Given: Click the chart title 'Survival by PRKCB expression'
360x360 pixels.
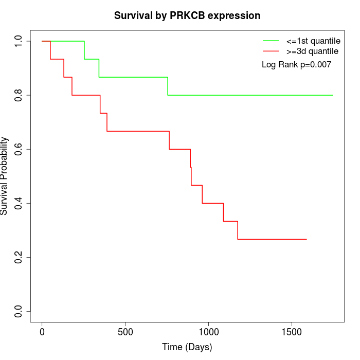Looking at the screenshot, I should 187,15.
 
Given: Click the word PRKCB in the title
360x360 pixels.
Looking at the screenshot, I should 187,15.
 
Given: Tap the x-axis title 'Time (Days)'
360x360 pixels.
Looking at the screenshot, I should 187,347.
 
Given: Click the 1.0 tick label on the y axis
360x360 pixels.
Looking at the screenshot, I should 19,41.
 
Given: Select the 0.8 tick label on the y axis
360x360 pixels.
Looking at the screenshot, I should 19,95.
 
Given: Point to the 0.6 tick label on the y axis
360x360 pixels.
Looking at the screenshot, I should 19,149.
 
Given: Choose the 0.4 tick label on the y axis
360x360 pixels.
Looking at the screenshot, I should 19,203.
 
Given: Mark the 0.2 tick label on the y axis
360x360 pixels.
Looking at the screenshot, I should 19,257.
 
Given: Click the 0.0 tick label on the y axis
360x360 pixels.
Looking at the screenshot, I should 19,311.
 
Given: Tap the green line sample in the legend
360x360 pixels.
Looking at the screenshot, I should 271,41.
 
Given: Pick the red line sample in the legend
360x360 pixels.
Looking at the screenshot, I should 271,51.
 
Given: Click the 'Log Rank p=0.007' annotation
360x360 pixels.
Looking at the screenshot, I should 296,65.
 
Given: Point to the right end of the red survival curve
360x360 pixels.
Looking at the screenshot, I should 307,239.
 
